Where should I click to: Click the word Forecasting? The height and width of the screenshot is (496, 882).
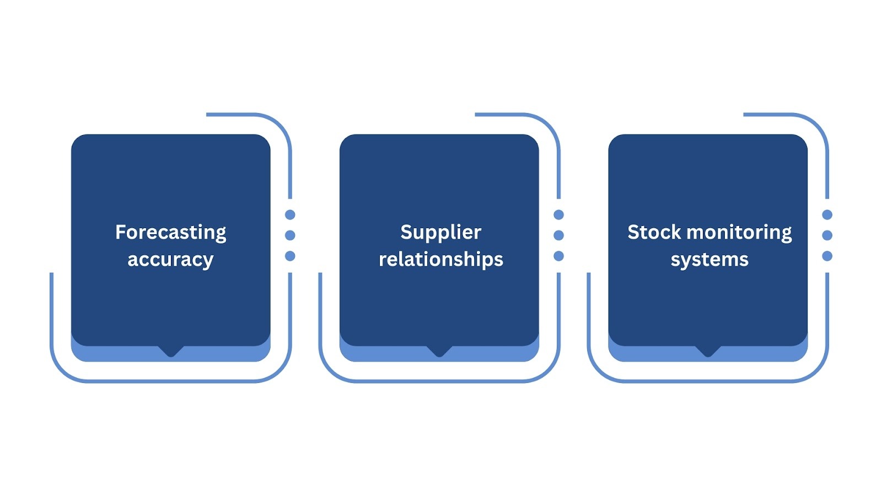point(170,233)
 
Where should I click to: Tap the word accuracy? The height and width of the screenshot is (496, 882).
point(170,259)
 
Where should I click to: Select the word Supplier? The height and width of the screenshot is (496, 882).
point(440,233)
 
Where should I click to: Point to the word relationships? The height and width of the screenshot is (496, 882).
point(440,259)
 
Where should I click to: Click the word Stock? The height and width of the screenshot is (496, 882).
point(654,232)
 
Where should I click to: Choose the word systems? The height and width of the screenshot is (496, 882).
point(709,260)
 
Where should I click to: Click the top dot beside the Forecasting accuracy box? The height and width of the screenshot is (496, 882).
point(290,215)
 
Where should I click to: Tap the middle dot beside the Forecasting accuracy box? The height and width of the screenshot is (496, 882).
point(290,235)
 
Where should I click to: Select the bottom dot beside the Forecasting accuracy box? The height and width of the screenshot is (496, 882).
point(290,256)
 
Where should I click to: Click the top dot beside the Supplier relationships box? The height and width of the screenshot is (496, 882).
point(558,215)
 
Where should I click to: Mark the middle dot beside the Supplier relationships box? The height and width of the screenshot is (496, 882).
point(558,235)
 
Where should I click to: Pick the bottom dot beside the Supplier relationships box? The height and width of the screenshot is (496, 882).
point(558,256)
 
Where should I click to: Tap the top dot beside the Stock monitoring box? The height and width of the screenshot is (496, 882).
point(827,215)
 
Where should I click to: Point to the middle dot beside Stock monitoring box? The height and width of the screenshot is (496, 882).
point(827,235)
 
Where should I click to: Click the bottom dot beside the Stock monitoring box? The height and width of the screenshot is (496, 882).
point(827,256)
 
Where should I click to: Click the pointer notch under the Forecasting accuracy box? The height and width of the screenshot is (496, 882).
point(171,351)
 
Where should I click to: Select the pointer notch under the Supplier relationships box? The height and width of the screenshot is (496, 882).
point(439,351)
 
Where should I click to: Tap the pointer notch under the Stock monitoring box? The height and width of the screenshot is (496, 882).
point(708,351)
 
